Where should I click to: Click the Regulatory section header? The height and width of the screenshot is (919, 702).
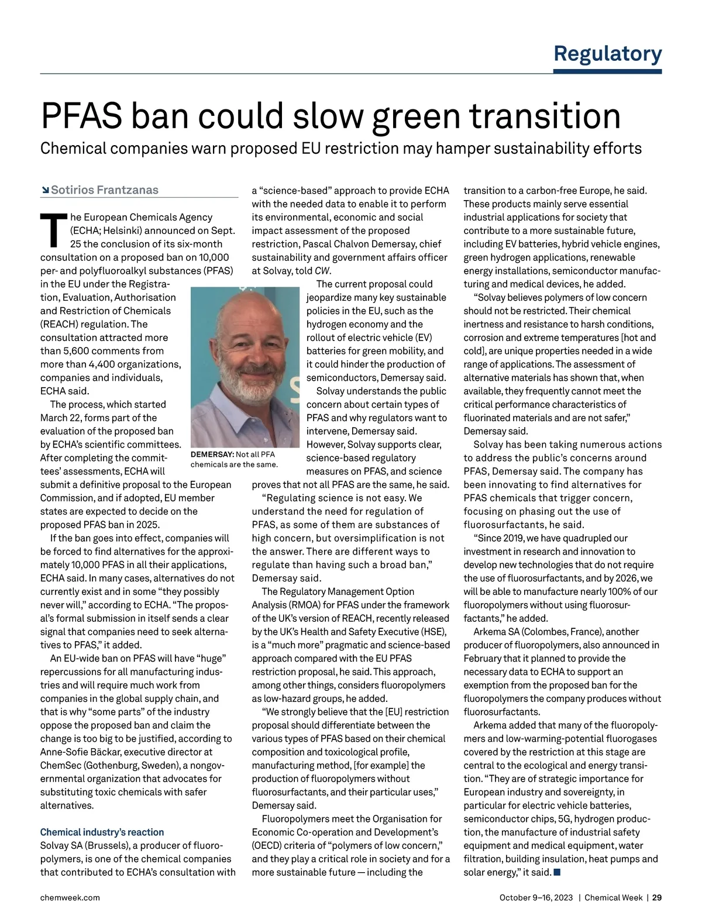click(607, 53)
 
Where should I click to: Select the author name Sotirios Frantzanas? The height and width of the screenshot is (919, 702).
click(105, 190)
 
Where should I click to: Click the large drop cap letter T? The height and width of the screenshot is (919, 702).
click(52, 230)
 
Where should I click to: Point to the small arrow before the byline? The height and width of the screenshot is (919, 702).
click(45, 191)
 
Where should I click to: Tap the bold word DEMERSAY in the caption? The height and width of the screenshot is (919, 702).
click(212, 455)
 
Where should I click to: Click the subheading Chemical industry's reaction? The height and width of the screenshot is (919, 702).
click(102, 832)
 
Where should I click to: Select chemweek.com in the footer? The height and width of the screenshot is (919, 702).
click(70, 897)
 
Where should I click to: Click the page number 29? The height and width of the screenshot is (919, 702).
click(657, 897)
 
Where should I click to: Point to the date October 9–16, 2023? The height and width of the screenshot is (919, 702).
click(536, 897)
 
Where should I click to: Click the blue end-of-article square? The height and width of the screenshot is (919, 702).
click(557, 873)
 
